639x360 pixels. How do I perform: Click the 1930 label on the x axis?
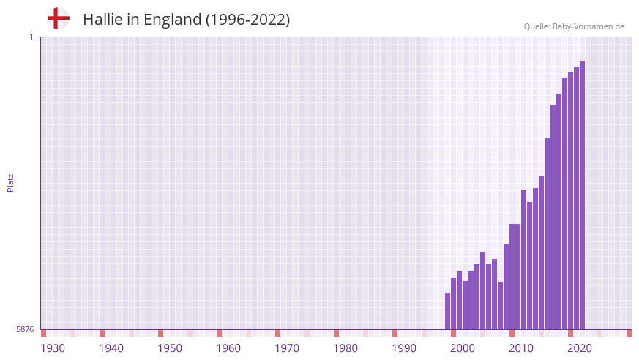click(x=53, y=348)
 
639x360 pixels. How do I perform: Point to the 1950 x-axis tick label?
click(x=170, y=348)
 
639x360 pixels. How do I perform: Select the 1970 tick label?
click(x=287, y=348)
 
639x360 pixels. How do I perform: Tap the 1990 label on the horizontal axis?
click(x=404, y=348)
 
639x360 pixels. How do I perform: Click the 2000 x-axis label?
click(x=463, y=348)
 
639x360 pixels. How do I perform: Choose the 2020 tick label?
click(x=580, y=348)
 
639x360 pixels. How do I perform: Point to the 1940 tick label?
click(x=111, y=348)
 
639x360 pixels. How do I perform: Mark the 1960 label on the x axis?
click(x=228, y=348)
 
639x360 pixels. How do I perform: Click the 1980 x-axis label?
click(x=345, y=348)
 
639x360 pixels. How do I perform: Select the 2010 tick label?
click(x=521, y=348)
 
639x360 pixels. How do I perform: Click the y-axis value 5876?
click(x=25, y=330)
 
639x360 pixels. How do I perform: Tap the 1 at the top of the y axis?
click(x=31, y=37)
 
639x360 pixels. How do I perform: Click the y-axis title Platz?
click(x=10, y=183)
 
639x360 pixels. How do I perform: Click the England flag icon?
click(x=58, y=19)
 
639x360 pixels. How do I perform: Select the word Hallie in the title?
click(x=102, y=20)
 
